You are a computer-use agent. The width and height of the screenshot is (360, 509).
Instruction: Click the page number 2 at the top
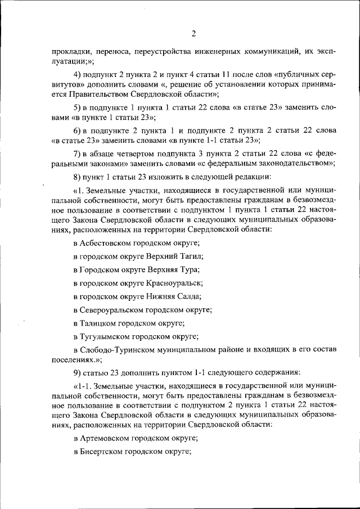pyautogui.click(x=193, y=33)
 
